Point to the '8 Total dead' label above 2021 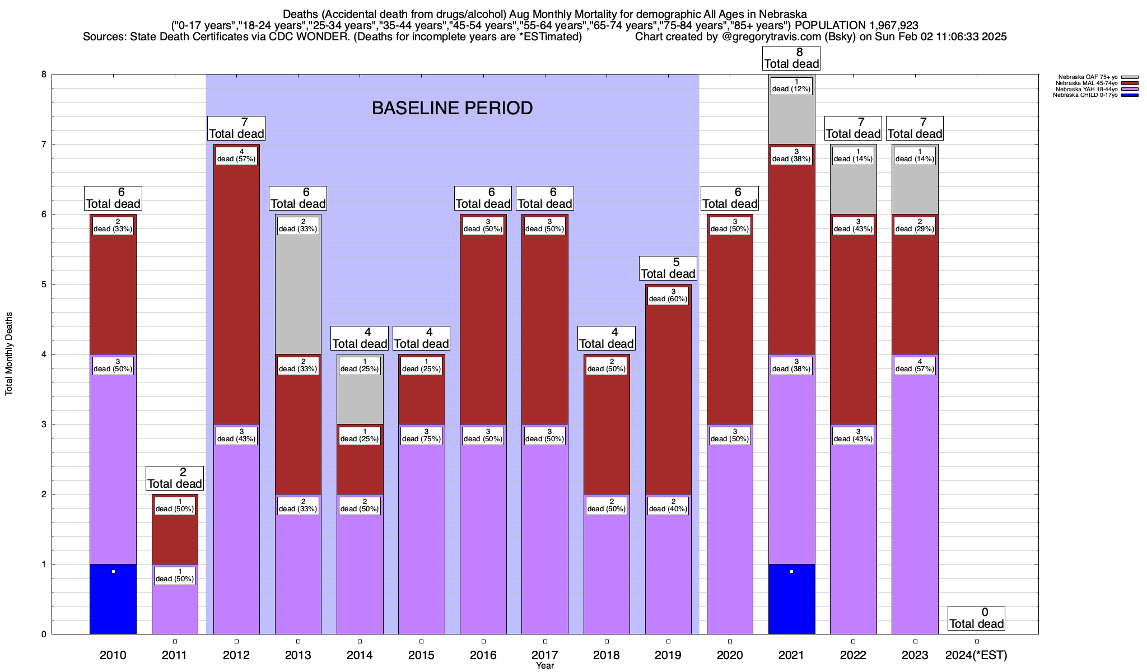point(791,58)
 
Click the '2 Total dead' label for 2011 point(175,478)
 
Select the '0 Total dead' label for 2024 point(977,618)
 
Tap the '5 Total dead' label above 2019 point(668,268)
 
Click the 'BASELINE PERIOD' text point(452,108)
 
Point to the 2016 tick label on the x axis point(483,655)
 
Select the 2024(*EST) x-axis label point(976,655)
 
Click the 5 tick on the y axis point(43,284)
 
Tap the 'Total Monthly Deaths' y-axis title point(9,354)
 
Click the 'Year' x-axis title point(544,666)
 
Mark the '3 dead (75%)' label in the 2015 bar point(421,436)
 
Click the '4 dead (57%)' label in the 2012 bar point(236,156)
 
